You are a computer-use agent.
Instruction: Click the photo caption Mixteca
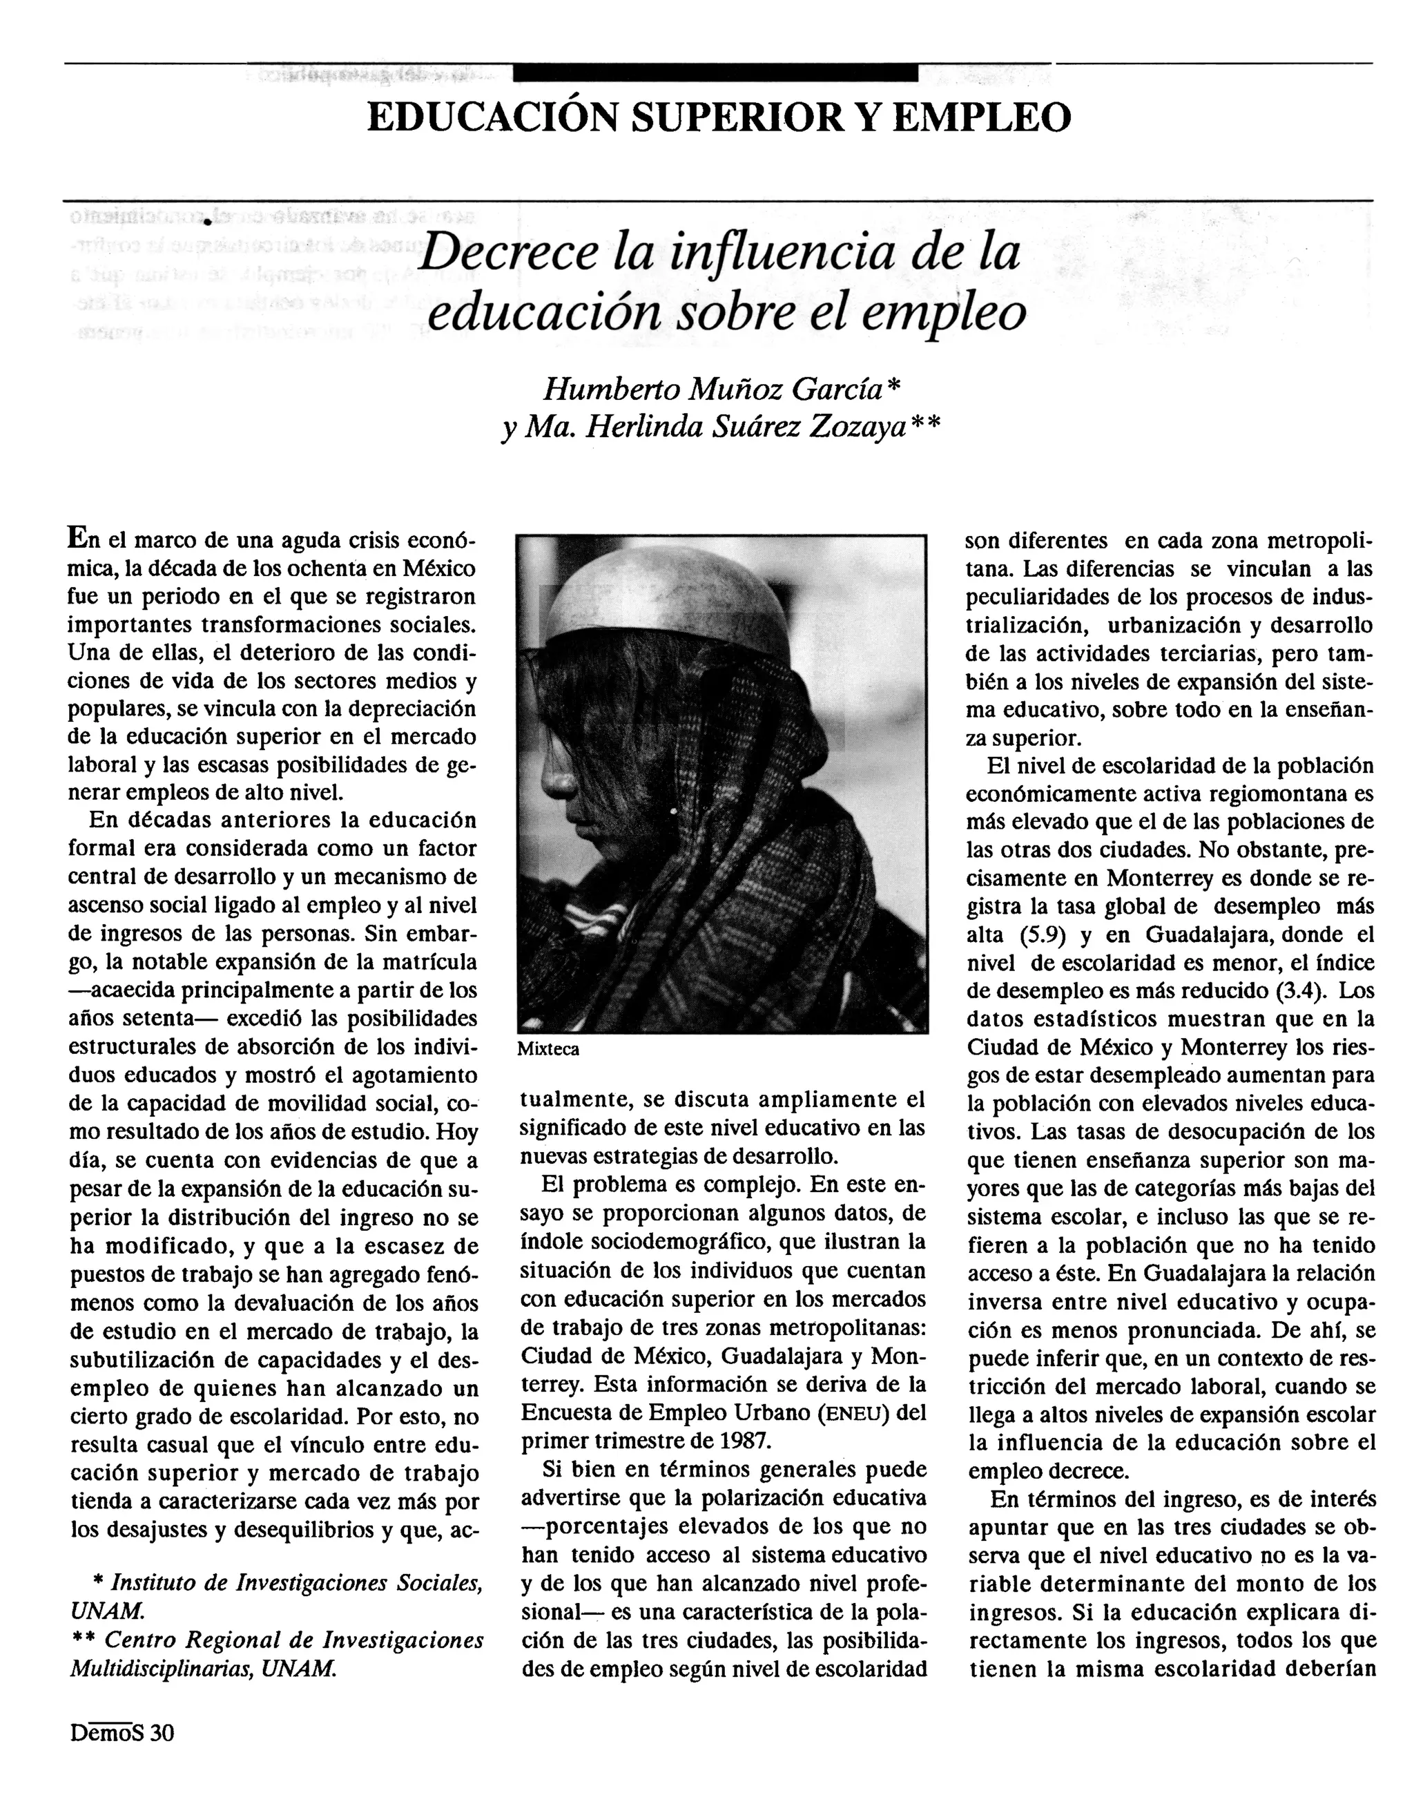548,1049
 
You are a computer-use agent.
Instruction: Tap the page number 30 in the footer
162,1732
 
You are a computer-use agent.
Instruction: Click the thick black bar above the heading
715,73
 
